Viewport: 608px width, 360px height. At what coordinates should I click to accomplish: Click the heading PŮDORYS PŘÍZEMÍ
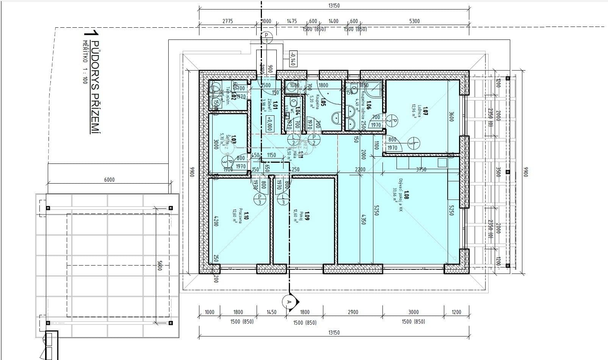(96, 88)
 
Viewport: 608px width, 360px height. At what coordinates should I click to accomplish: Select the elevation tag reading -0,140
(292, 58)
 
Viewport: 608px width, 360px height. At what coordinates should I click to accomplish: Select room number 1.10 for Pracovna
(246, 216)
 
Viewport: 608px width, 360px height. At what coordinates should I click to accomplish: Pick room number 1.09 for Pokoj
(307, 216)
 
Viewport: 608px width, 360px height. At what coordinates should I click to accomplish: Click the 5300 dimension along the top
(414, 21)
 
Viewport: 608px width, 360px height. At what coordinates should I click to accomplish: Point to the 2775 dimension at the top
(227, 21)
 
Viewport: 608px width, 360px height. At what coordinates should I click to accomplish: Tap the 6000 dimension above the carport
(109, 180)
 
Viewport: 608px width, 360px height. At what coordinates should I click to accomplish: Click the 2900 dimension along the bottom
(353, 312)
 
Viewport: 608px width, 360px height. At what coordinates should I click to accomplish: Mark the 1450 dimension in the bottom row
(271, 312)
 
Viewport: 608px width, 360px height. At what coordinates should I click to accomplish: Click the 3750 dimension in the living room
(421, 170)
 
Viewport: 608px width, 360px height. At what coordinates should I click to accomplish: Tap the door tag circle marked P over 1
(266, 37)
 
